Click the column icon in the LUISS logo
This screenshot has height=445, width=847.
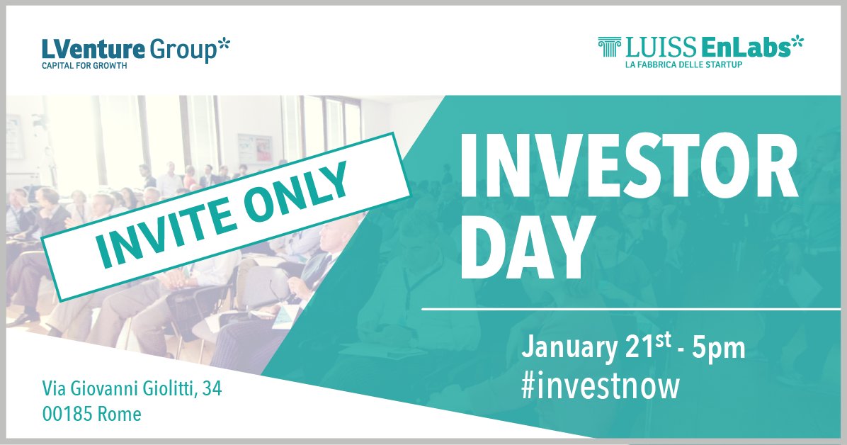(608, 47)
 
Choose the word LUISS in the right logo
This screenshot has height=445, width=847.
(649, 48)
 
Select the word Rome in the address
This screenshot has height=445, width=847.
(118, 413)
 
